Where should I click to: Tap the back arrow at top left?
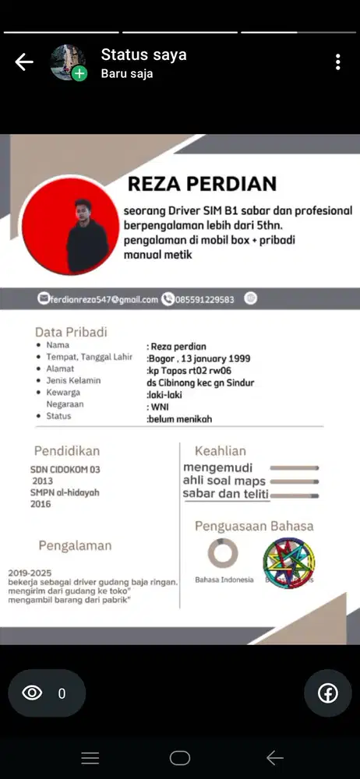tap(24, 62)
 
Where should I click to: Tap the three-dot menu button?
tap(337, 62)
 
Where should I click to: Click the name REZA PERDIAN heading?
tap(202, 184)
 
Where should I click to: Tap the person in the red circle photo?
tap(77, 225)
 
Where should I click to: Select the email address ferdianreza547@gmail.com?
tap(104, 299)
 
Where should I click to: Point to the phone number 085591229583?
tap(205, 299)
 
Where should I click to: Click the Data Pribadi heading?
tap(71, 332)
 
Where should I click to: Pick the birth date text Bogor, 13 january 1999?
tap(199, 358)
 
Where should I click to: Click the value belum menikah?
tap(179, 419)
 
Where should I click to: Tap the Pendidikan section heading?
tap(66, 451)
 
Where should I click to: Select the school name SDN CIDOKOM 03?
tap(65, 470)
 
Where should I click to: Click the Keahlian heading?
tap(221, 451)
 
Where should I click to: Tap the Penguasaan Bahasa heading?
tap(254, 526)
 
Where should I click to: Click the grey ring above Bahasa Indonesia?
tap(223, 553)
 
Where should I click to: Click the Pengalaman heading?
tap(75, 545)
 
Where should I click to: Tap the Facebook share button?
tap(327, 693)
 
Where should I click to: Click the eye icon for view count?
tap(32, 693)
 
